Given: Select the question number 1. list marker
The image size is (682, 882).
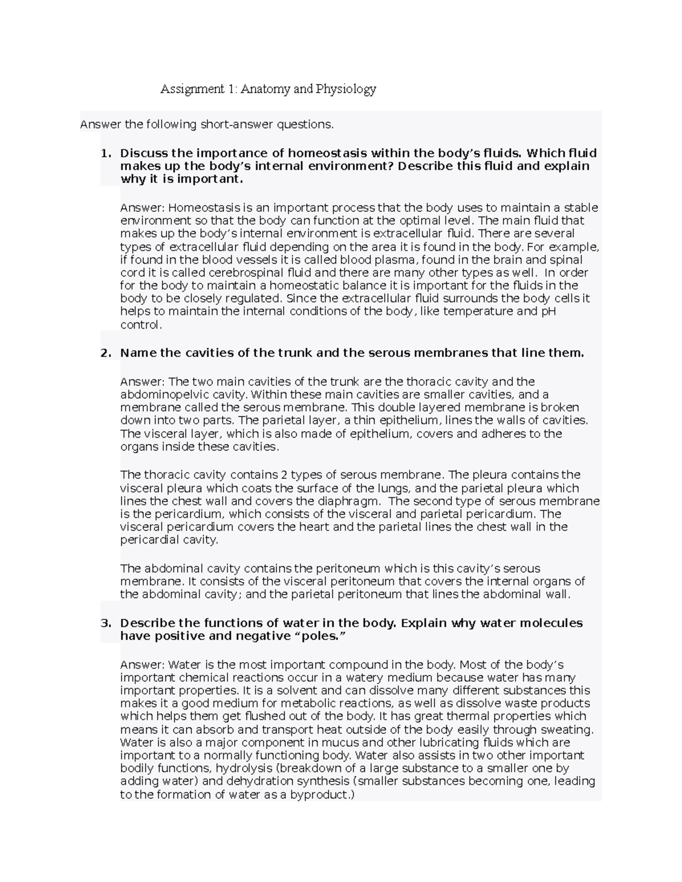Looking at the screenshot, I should point(106,153).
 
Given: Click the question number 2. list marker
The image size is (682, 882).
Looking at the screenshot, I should point(106,353).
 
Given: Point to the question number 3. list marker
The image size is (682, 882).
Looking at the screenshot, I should point(106,623).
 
